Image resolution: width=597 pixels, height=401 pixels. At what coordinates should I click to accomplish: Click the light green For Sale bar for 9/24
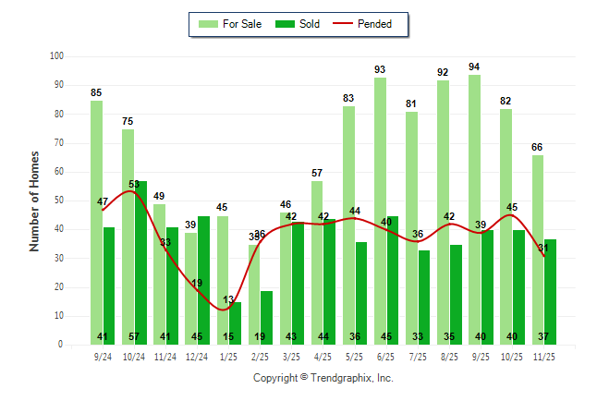pos(96,222)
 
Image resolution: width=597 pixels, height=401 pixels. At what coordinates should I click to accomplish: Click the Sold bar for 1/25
pos(236,319)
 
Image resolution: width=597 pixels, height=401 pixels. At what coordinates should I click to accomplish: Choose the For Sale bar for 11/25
pos(537,249)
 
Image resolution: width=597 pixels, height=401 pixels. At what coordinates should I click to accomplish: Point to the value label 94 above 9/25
pos(474,67)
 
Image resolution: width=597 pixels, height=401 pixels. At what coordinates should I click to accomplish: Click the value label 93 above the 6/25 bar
pos(380,69)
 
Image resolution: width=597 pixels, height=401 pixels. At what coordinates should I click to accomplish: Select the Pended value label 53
pos(134,185)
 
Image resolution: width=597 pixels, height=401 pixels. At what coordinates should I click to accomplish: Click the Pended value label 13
pos(228,299)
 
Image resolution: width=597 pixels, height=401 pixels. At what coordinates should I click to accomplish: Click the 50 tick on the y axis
pos(57,200)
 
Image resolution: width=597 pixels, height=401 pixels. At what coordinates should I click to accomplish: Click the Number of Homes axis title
pos(35,200)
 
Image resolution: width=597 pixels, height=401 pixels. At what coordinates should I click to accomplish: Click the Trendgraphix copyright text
pos(323,378)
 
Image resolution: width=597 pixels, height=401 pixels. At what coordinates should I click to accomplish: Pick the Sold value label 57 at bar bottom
pos(134,336)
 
